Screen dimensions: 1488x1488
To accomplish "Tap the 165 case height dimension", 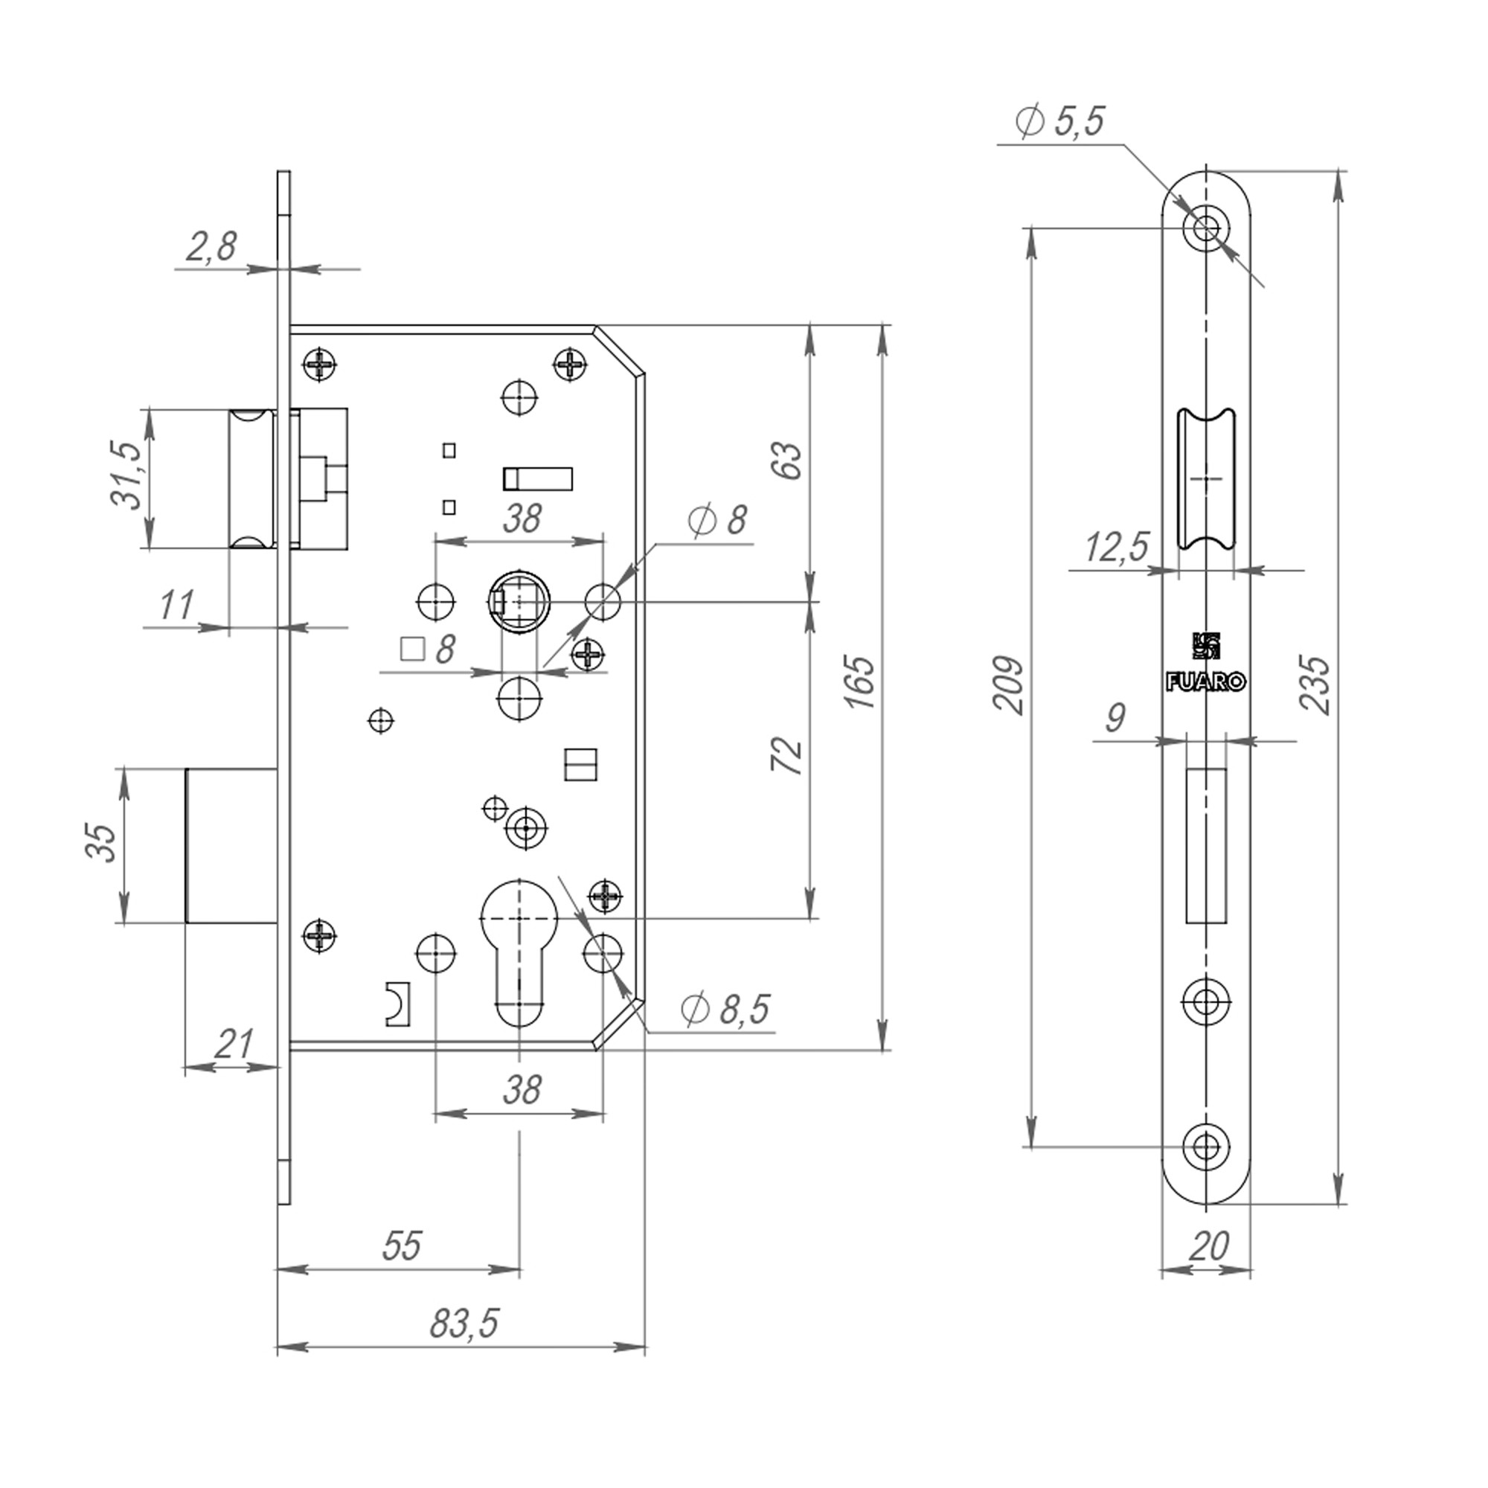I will (x=861, y=683).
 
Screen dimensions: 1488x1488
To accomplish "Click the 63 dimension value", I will (x=788, y=461).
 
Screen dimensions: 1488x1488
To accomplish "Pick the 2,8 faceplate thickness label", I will (x=211, y=248).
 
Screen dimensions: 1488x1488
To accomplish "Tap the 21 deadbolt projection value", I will (x=233, y=1045).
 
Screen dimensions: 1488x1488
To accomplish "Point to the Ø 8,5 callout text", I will (x=725, y=1010).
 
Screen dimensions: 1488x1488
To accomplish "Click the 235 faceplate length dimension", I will (x=1315, y=684).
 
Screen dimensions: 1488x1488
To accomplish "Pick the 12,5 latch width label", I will (x=1116, y=548).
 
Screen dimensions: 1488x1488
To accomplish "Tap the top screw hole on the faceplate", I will (x=1206, y=227).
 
